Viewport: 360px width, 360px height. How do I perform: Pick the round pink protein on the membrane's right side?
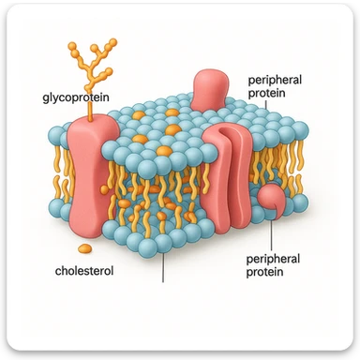[x=273, y=199]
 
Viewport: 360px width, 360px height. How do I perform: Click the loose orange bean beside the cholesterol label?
[x=83, y=248]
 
